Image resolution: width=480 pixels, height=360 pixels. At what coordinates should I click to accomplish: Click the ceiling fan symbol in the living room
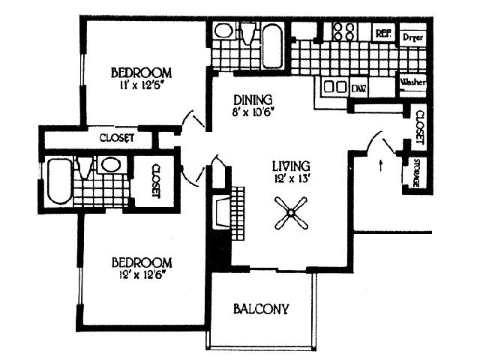point(288,212)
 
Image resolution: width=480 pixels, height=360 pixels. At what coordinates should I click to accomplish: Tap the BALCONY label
point(261,308)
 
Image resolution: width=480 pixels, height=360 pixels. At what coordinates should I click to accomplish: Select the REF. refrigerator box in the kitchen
point(383,33)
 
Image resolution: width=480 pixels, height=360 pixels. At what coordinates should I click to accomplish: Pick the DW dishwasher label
point(359,88)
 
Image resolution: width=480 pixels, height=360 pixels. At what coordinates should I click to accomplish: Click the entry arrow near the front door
point(383,163)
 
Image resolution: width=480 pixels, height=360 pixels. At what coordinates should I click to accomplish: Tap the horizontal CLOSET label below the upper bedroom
point(117,138)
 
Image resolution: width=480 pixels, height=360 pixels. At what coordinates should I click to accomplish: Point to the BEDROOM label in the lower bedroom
point(142,262)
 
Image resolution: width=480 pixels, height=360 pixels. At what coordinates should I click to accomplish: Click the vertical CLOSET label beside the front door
point(418,128)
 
